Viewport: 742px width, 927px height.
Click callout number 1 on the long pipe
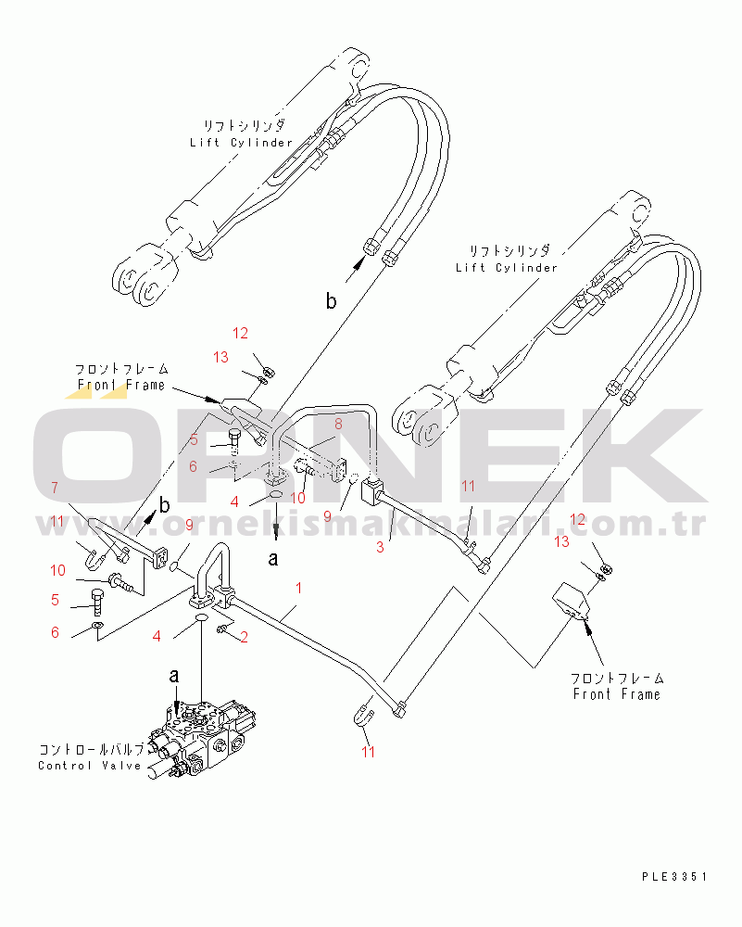(x=299, y=588)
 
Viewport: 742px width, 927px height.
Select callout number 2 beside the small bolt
(x=244, y=636)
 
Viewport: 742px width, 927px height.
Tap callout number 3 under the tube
(x=380, y=548)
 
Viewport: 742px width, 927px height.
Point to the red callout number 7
(x=55, y=488)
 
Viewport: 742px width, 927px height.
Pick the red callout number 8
(x=338, y=424)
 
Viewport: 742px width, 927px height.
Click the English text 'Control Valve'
(x=91, y=765)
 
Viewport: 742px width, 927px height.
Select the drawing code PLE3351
(x=673, y=875)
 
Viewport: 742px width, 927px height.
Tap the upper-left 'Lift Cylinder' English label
(x=241, y=142)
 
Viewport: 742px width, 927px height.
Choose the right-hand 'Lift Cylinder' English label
(x=507, y=267)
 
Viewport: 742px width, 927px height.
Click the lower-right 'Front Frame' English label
(x=616, y=694)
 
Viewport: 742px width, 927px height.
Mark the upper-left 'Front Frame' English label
(x=120, y=385)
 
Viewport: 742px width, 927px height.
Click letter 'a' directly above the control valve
(x=174, y=678)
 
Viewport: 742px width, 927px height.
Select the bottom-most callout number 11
(x=369, y=752)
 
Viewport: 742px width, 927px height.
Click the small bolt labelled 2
(x=224, y=630)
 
